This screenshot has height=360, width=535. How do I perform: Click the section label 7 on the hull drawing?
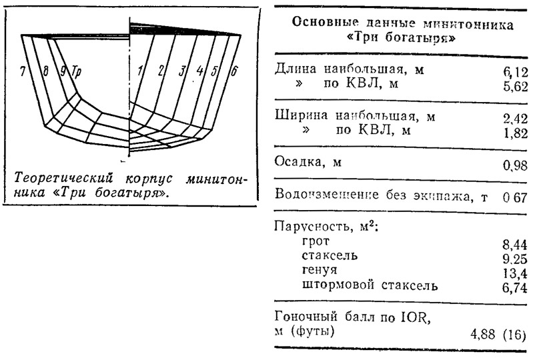[23, 71]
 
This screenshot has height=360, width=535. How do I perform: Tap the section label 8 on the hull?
[46, 71]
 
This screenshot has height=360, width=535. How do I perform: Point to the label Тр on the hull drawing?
[77, 72]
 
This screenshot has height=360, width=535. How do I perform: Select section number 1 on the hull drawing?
[140, 71]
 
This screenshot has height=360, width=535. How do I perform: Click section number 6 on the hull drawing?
[233, 71]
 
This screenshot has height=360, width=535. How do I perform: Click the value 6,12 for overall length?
[515, 73]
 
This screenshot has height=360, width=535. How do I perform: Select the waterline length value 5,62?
[515, 87]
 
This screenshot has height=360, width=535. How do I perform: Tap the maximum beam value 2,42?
[515, 119]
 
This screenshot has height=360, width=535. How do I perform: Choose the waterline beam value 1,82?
[516, 133]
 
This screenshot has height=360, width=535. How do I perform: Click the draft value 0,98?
[515, 166]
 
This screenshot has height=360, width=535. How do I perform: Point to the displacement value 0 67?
[515, 198]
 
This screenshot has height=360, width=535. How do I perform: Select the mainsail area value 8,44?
[515, 245]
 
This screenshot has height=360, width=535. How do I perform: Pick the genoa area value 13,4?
[515, 273]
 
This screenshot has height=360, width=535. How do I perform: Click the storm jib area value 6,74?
[515, 288]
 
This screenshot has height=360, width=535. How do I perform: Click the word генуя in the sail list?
[320, 270]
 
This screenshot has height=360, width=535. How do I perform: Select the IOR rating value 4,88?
[483, 335]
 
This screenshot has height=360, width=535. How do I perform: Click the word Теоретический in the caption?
[63, 178]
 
